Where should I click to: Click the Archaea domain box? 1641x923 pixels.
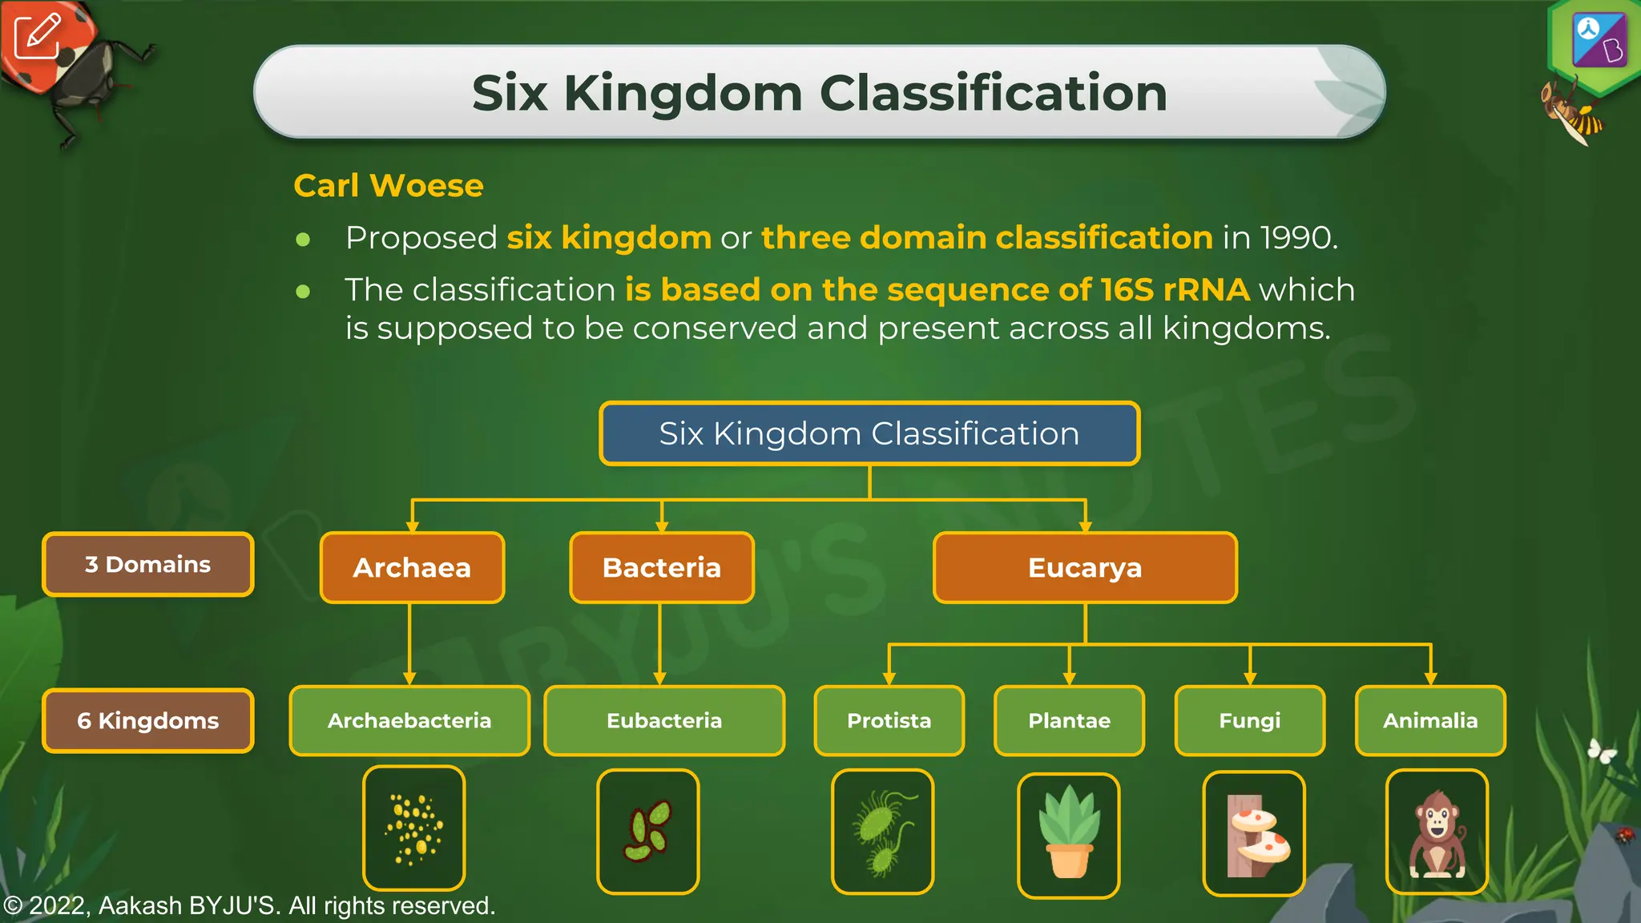(412, 567)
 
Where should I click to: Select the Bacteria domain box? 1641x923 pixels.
(662, 567)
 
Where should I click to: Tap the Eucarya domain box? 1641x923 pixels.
(1085, 567)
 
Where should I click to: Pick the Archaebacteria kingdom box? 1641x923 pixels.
(409, 720)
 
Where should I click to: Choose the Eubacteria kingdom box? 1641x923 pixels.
(664, 720)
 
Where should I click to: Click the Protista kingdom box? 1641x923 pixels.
(889, 720)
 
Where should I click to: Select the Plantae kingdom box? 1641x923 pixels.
(1069, 720)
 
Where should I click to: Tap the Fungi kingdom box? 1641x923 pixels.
(1250, 720)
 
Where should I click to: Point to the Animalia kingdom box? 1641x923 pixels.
(1430, 720)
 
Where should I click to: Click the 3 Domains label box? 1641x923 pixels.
(148, 564)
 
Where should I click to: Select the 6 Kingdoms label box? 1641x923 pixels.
(148, 720)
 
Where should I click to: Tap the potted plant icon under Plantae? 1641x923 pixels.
(1069, 833)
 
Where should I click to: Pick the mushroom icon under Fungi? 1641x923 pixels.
(1254, 833)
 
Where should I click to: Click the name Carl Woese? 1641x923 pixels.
(389, 186)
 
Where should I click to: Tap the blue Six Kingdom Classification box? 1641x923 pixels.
(869, 433)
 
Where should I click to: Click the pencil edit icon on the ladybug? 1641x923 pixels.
(37, 35)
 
